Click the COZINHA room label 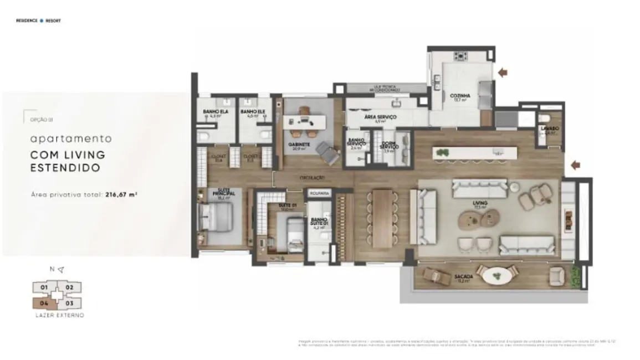coord(460,95)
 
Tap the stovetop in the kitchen coord(460,56)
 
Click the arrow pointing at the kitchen coord(503,72)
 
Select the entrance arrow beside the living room coord(576,164)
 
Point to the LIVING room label coord(480,203)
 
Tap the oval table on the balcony coord(495,275)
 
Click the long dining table coord(382,218)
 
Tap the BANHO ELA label coord(216,112)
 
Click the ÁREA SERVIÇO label coord(380,117)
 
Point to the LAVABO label coord(550,128)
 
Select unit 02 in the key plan coord(70,287)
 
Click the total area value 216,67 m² coord(121,195)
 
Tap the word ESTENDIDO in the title coord(65,168)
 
